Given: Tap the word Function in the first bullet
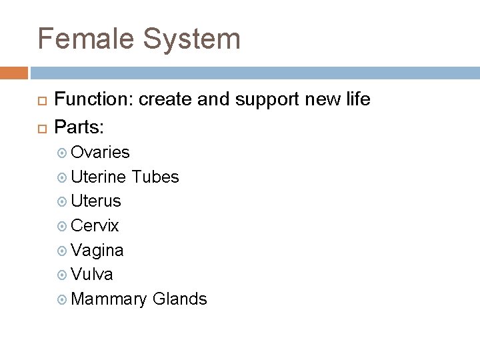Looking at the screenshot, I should click(93, 100).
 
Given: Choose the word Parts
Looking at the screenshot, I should click(77, 125).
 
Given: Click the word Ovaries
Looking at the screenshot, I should click(100, 153).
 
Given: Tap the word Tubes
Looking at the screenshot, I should click(155, 177).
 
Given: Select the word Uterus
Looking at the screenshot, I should click(96, 201).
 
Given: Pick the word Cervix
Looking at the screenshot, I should click(95, 225).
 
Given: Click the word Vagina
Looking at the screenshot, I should click(97, 250).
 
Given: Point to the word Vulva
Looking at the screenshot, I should click(92, 274).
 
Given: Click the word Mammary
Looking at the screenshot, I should click(109, 299).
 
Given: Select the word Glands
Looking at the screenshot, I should click(180, 299).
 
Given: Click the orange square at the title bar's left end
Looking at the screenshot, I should click(14, 73).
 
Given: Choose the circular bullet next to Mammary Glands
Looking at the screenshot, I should click(63, 299).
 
